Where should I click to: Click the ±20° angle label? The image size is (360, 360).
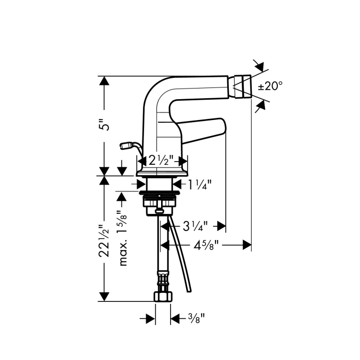point(270,86)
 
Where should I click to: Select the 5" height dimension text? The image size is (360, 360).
point(106,125)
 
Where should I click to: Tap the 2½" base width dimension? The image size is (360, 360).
point(161,160)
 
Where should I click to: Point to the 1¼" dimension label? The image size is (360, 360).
point(199,185)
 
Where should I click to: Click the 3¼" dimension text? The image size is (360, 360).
point(195,226)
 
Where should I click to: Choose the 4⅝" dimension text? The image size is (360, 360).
point(206,246)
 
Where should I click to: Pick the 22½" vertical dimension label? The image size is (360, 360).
point(104,241)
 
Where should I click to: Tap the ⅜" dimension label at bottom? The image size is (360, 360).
point(196,318)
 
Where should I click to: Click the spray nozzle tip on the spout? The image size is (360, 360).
point(243,86)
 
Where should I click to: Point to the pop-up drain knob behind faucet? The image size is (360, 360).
point(126,145)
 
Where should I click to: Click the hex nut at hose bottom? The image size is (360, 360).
point(163,296)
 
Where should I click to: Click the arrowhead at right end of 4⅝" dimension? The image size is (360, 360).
point(247,245)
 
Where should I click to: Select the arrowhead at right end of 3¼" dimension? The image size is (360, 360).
point(221,226)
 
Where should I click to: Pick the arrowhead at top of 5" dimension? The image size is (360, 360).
point(104,81)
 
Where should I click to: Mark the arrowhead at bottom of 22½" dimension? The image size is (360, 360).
point(104,297)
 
